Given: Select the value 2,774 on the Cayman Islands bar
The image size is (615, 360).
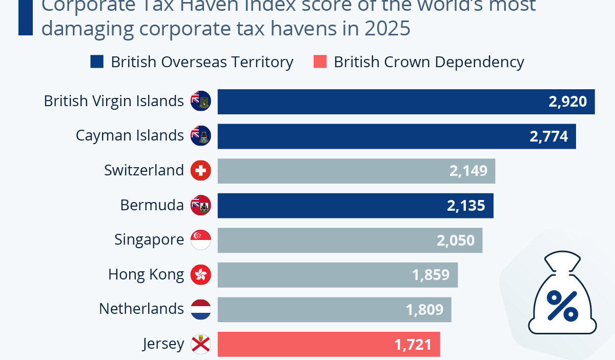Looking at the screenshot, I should click(548, 136).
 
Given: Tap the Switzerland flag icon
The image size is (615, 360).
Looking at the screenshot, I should click(200, 171).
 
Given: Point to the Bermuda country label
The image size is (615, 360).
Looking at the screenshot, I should click(152, 205).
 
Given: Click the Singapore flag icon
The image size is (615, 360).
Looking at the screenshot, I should click(200, 240).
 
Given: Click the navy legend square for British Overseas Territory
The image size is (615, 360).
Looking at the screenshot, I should click(97, 62).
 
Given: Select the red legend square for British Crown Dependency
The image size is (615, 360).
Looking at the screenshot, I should click(319, 62).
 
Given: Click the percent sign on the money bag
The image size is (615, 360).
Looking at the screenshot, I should click(562, 305).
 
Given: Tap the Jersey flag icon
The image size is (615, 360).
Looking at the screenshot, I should click(200, 344).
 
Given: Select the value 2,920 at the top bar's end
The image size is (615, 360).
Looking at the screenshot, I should click(567, 102).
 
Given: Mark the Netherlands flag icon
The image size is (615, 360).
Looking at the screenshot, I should click(200, 309).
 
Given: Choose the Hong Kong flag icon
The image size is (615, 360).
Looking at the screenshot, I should click(200, 275).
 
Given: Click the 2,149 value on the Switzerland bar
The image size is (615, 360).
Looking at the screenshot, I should click(468, 171).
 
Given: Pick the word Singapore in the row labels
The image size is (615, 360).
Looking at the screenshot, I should click(149, 239).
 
